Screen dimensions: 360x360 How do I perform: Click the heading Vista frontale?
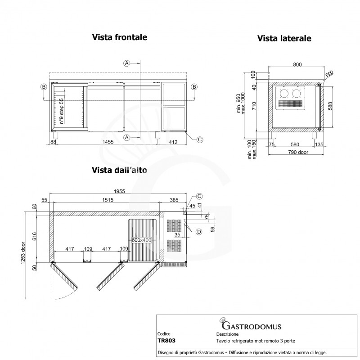(120, 37)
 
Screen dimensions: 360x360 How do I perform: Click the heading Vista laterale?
(284, 39)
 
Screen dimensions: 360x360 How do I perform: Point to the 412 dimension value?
(173, 142)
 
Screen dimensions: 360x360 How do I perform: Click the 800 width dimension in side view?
(297, 65)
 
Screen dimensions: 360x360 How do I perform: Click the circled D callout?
(199, 232)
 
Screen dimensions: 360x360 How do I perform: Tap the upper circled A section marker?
(127, 63)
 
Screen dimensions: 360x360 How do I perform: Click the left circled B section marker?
(43, 86)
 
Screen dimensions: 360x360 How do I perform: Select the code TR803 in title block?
(166, 341)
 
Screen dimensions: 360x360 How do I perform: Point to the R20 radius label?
(329, 74)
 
